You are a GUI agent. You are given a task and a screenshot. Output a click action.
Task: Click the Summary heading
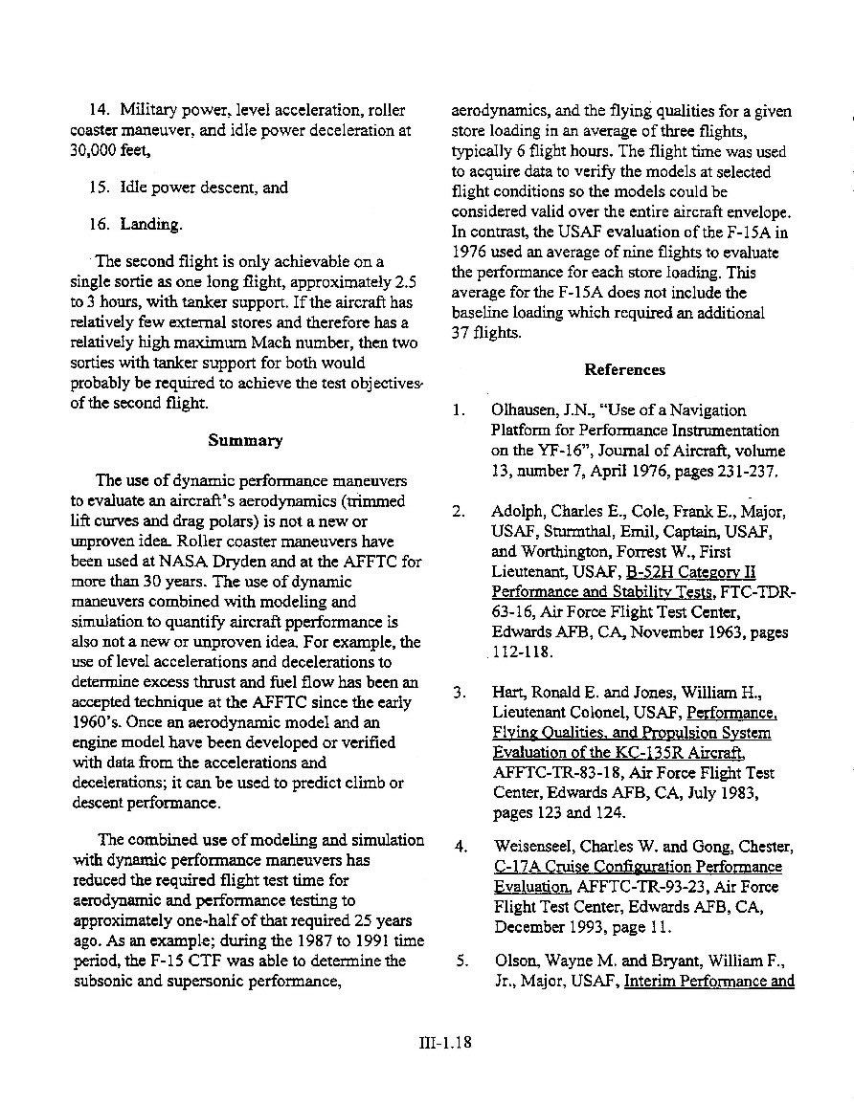(x=245, y=441)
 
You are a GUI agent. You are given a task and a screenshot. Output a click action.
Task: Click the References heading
(x=624, y=369)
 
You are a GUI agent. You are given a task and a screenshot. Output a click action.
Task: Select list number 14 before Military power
(x=101, y=111)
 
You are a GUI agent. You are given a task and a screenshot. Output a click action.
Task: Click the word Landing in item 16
(x=150, y=225)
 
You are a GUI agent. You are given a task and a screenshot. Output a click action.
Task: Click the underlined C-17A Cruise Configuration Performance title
(x=638, y=867)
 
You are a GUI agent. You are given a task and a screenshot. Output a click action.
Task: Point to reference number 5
(x=461, y=961)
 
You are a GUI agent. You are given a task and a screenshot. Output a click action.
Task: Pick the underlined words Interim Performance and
(x=708, y=981)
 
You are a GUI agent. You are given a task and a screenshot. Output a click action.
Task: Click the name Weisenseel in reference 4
(x=539, y=847)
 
